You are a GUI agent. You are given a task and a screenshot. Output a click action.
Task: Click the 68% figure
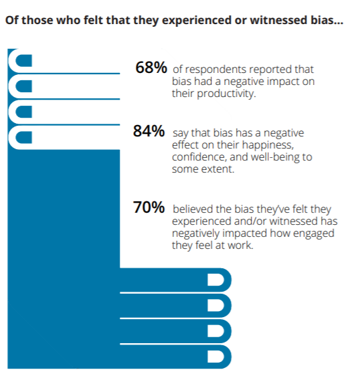point(151,68)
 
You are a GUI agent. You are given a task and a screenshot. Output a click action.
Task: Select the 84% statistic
point(149,132)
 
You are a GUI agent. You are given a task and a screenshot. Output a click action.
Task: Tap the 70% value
point(149,208)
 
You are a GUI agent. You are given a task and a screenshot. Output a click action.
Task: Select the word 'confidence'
point(198,157)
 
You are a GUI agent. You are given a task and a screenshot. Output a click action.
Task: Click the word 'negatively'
point(197,233)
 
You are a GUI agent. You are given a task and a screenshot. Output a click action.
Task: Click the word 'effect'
point(187,145)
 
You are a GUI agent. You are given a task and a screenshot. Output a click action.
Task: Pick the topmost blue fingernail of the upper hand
point(23,62)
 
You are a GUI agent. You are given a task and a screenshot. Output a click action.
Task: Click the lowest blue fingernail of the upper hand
point(23,138)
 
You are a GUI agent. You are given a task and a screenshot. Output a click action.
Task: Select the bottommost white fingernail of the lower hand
point(215,356)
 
